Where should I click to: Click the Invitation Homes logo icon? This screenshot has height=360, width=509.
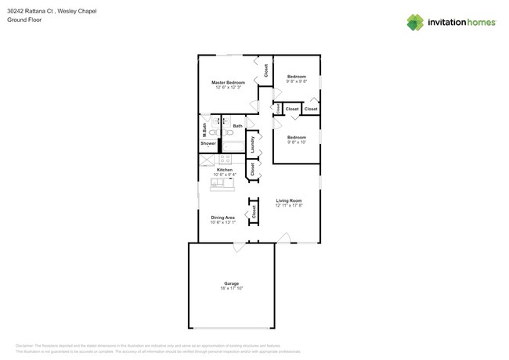(415, 22)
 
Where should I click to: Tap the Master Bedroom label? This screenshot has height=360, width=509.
(228, 82)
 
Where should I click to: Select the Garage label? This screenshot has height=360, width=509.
(231, 283)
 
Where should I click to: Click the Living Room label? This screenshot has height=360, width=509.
(288, 200)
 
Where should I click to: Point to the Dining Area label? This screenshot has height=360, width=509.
(222, 218)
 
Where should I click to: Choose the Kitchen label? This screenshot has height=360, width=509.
(224, 170)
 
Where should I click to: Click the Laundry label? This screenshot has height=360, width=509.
(252, 144)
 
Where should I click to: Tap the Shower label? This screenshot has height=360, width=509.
(208, 143)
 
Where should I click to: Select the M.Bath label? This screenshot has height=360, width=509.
(204, 128)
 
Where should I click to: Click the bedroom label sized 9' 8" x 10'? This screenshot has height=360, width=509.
(296, 138)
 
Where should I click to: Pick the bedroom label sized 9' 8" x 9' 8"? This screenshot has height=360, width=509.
(296, 77)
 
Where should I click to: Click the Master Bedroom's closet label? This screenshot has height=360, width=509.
(265, 70)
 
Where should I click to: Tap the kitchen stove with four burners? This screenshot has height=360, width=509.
(225, 159)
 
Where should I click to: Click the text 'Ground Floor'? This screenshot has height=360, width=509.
(24, 20)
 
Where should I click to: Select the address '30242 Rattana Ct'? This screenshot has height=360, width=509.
(30, 12)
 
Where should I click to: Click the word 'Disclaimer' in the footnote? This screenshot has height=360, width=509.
(27, 345)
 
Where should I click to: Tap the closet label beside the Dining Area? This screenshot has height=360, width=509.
(253, 211)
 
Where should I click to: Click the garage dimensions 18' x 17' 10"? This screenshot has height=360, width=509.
(231, 289)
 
